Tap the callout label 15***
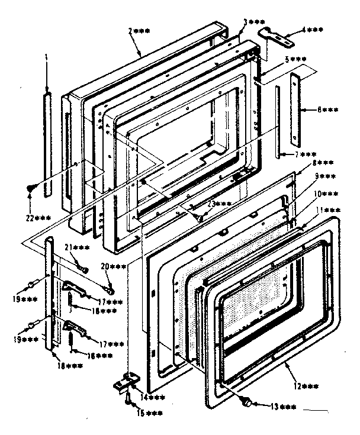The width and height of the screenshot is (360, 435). [x=140, y=413]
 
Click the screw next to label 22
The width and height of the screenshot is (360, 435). [x=30, y=189]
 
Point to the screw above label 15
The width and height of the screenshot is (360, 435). [x=127, y=401]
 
